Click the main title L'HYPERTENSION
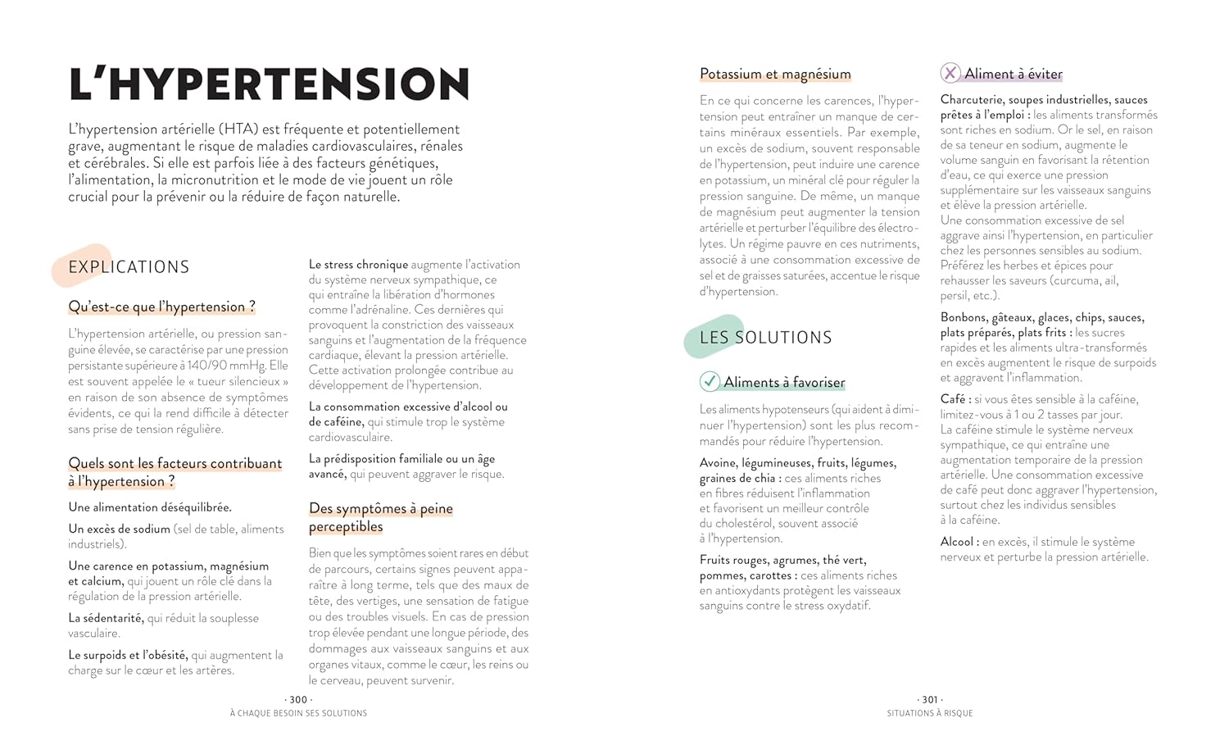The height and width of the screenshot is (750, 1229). coord(269,84)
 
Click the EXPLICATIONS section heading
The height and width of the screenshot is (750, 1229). coord(129,267)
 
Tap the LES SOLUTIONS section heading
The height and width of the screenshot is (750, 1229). coord(765,338)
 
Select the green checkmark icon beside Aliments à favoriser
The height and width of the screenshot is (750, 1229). coord(710,382)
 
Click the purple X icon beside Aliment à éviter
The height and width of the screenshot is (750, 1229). coord(950,73)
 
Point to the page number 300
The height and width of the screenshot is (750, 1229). coord(298,700)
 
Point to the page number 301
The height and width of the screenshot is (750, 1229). coord(930,700)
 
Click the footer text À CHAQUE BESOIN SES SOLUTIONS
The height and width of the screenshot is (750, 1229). coord(298,713)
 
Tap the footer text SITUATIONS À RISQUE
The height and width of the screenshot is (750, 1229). coord(930,713)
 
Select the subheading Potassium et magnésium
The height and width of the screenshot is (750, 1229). coord(775,74)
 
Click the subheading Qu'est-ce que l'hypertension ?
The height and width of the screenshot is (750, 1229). coord(161,307)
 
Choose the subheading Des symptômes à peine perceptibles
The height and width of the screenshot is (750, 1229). coord(380,517)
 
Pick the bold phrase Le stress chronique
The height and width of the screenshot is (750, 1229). coord(358,265)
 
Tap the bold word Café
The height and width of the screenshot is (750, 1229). coord(955,399)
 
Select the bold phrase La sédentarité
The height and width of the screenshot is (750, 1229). coord(106,618)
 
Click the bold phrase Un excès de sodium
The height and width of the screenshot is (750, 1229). coord(119,529)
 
